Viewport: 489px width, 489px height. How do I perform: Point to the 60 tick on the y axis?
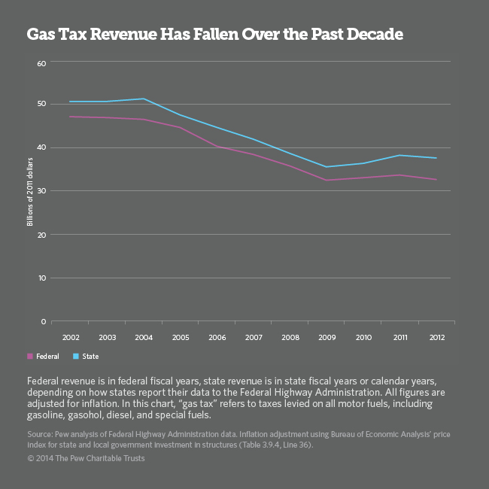pos(41,62)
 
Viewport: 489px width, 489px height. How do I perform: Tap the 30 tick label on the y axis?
pos(41,191)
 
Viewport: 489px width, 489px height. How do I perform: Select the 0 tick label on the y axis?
pos(44,322)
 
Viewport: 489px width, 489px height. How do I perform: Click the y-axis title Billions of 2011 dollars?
pos(31,191)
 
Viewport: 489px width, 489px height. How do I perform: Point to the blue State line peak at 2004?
pos(144,99)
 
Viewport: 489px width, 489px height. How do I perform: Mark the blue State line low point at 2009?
pos(327,167)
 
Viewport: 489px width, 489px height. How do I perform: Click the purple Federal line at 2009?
pos(327,180)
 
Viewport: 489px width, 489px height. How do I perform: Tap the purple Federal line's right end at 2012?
pos(436,179)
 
